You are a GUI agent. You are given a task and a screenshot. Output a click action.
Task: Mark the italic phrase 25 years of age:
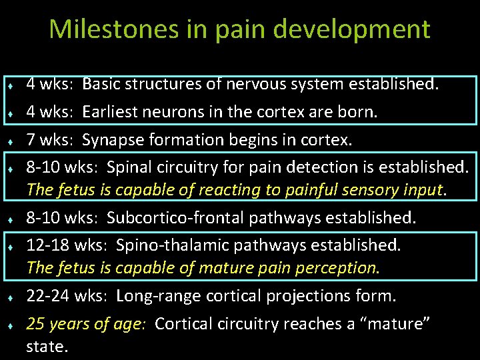tap(87, 324)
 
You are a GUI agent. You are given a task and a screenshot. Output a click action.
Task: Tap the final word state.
tap(47, 347)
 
